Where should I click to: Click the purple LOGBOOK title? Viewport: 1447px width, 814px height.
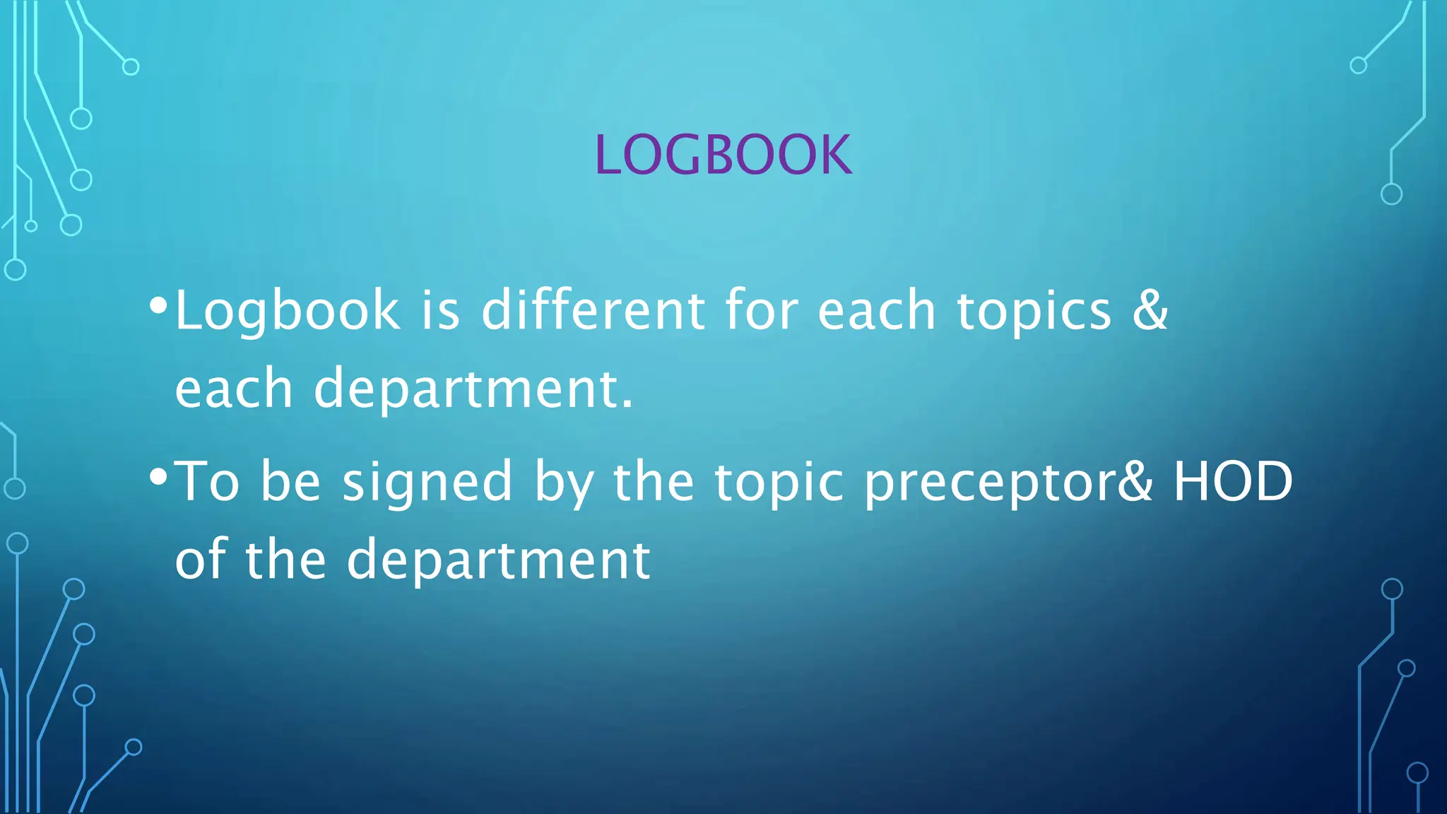723,155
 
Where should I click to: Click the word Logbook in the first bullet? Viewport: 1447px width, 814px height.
287,311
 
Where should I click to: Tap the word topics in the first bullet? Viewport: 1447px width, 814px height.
1034,311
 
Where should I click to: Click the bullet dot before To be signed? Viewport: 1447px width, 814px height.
158,478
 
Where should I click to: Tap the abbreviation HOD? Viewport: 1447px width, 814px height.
1233,481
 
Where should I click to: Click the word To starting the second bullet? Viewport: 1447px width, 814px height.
206,481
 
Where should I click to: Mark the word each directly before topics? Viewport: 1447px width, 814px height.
877,311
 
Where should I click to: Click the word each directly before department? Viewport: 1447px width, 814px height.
234,389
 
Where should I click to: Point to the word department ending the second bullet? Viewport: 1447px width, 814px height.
498,560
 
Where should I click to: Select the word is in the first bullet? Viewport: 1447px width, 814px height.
441,311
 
